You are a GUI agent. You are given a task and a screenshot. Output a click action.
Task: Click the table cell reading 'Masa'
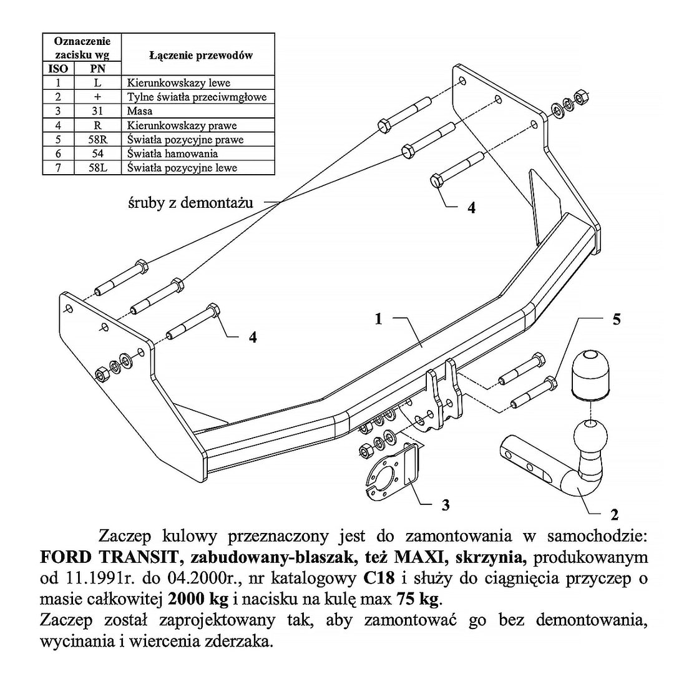(x=140, y=111)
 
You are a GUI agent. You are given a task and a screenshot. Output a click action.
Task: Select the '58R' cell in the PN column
(x=98, y=139)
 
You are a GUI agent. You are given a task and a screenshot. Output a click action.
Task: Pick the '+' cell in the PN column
(x=98, y=97)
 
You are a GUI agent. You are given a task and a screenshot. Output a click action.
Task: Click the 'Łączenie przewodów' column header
(x=200, y=56)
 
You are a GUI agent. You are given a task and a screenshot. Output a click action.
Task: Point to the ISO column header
(x=58, y=69)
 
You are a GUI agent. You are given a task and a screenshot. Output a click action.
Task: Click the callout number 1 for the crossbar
(x=378, y=319)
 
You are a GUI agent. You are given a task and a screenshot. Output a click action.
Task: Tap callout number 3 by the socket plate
(x=445, y=505)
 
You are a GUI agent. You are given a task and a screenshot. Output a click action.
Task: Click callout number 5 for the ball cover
(x=617, y=320)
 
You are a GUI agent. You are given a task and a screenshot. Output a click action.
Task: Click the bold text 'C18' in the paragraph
(x=376, y=576)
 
